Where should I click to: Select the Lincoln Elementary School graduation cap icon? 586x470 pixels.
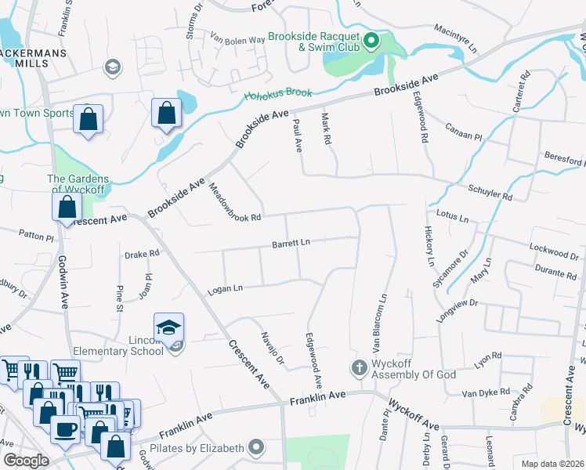click(x=168, y=328)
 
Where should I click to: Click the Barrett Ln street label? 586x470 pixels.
click(x=291, y=243)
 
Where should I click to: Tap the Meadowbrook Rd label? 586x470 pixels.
click(x=233, y=201)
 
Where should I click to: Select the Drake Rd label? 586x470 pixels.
click(x=142, y=253)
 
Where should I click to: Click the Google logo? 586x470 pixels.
click(x=26, y=461)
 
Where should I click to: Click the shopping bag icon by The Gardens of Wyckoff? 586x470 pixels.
click(x=67, y=207)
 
